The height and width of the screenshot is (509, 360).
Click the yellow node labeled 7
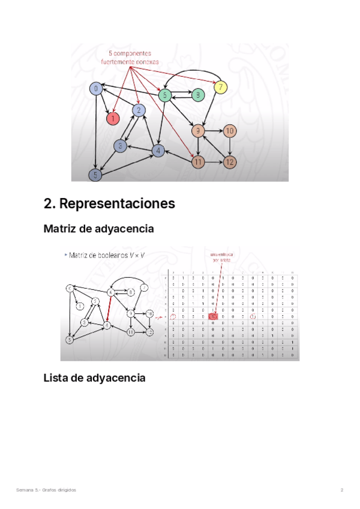click(x=221, y=88)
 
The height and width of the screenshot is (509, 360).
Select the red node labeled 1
click(x=112, y=119)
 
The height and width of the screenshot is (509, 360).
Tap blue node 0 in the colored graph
click(x=95, y=89)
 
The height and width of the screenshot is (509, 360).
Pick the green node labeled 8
click(x=196, y=94)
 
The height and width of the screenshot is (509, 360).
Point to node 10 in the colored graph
click(x=230, y=131)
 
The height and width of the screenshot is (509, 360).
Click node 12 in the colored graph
click(x=230, y=161)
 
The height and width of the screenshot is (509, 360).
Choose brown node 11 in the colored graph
click(x=199, y=161)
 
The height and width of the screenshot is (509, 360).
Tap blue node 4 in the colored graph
click(x=158, y=151)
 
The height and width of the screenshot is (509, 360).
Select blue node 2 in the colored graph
click(x=139, y=110)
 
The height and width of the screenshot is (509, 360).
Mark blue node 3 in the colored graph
click(x=121, y=145)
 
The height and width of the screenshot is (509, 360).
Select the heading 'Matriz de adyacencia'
click(x=99, y=229)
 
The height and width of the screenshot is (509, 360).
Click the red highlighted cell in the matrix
click(x=214, y=316)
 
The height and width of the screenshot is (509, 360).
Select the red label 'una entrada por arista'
click(x=222, y=256)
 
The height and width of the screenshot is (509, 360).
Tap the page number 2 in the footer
click(x=342, y=490)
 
